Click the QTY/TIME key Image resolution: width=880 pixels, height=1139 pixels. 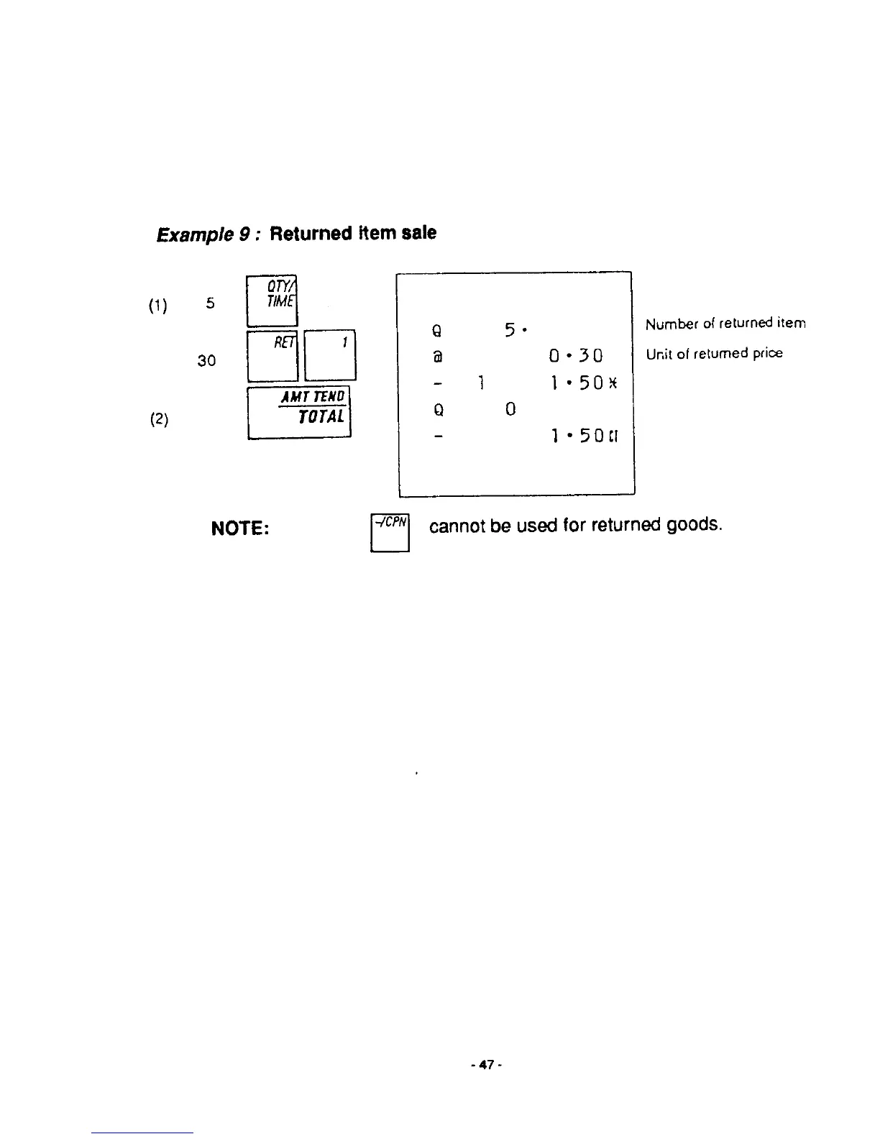coord(272,301)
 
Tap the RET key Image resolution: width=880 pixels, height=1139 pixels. coord(272,355)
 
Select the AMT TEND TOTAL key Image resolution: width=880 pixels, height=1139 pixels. coord(299,412)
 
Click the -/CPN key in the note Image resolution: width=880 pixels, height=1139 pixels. coord(390,532)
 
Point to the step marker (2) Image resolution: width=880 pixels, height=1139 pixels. coord(159,419)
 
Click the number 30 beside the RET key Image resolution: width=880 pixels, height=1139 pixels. coord(206,361)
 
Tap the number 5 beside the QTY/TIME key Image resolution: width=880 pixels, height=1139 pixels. coord(210,303)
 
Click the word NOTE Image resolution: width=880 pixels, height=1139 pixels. coord(240,529)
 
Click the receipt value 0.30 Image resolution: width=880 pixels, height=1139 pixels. coord(575,356)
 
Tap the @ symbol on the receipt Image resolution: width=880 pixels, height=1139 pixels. coord(438,355)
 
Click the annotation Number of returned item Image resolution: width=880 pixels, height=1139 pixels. coord(725,324)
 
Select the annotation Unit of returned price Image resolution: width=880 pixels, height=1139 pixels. coord(713,354)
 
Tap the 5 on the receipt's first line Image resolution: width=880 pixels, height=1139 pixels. coord(510,330)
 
